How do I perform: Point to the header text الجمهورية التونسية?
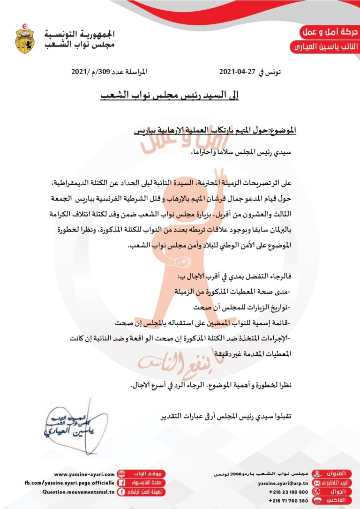point(80,35)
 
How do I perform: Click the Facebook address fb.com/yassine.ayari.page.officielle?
point(69,483)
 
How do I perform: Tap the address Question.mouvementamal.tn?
point(78,492)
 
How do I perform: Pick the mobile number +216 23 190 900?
point(288,492)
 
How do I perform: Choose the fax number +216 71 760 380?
point(288,501)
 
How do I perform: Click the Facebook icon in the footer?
point(121,483)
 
